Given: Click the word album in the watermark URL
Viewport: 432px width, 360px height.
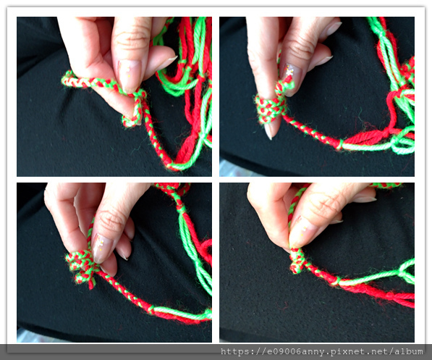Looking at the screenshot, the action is [409, 351].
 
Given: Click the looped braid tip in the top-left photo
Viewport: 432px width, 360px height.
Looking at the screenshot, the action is [67, 79].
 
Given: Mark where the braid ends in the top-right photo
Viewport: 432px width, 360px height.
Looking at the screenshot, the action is [339, 144].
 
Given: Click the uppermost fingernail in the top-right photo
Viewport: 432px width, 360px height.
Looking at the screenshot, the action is [334, 28].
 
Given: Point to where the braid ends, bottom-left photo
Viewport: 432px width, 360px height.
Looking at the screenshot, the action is [151, 309].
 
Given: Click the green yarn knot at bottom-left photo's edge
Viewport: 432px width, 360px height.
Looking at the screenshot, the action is [208, 314].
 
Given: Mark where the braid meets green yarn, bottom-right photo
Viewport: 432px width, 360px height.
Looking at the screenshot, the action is [336, 281].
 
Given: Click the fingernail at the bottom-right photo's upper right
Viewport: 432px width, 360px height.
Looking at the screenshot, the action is [364, 198].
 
